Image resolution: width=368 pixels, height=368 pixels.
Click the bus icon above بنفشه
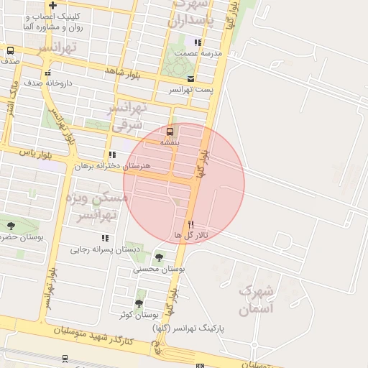[x=170, y=132]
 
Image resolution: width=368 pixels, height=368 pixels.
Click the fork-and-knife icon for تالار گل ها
[x=190, y=224]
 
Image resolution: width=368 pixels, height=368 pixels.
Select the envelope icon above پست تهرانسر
[x=190, y=79]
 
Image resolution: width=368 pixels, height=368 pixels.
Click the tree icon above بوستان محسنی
[x=159, y=257]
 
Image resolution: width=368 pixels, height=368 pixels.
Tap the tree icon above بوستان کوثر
[x=139, y=303]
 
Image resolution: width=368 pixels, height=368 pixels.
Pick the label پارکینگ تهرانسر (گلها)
[x=188, y=328]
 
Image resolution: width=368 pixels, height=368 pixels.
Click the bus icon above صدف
[x=10, y=51]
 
